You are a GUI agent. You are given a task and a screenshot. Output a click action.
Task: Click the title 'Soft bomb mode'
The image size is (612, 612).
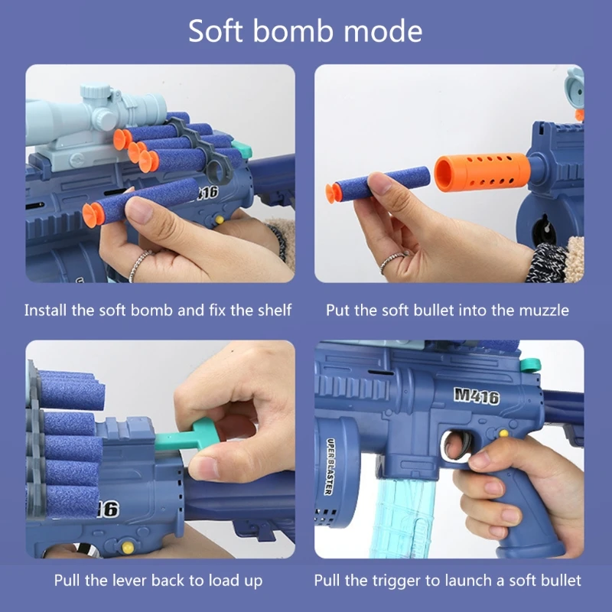(x=305, y=31)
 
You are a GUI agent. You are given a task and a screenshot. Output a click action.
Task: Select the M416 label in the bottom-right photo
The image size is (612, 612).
(x=476, y=396)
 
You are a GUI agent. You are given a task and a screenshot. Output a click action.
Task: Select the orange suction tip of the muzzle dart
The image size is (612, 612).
(x=334, y=194)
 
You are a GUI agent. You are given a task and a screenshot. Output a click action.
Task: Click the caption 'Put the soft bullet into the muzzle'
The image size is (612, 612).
(x=448, y=311)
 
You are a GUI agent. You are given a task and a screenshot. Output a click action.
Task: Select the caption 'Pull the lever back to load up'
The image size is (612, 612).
(x=159, y=581)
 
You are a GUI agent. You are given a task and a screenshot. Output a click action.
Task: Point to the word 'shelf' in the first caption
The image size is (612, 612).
(x=275, y=311)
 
